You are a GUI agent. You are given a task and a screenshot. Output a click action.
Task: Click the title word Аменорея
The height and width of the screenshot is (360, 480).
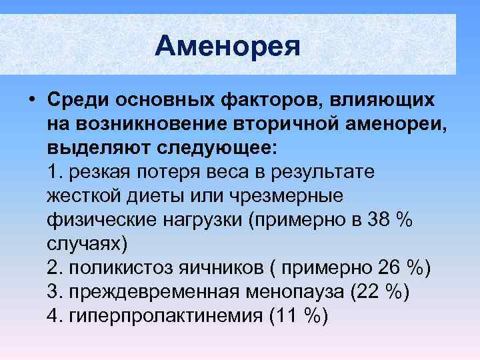coord(227,46)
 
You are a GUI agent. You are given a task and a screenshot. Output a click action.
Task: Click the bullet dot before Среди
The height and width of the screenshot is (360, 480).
coord(32,100)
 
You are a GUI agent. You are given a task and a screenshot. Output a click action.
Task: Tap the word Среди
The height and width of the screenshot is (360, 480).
coord(78,99)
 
